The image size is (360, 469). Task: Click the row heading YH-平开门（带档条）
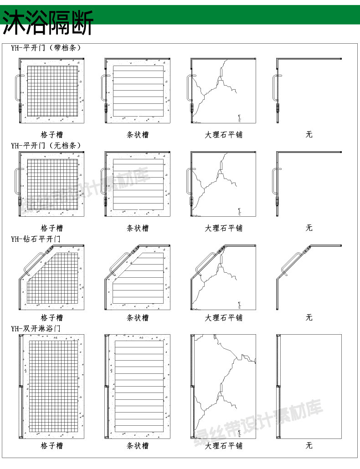click(x=46, y=47)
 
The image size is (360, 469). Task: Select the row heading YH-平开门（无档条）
click(x=46, y=146)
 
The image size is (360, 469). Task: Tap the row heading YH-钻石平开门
click(x=36, y=239)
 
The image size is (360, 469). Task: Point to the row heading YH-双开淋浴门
click(x=36, y=328)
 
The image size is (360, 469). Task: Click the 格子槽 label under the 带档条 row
click(x=52, y=135)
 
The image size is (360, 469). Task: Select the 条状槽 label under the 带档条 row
click(x=138, y=135)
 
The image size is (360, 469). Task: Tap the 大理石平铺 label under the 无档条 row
click(x=223, y=228)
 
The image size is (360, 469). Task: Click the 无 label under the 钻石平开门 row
click(x=309, y=317)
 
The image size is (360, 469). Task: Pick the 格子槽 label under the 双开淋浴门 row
click(x=52, y=446)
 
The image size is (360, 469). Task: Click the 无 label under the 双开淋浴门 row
click(x=309, y=446)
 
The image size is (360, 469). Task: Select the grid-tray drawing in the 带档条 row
click(x=51, y=90)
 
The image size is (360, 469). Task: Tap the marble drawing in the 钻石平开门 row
click(x=223, y=277)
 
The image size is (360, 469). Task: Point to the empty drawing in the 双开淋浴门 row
click(x=309, y=387)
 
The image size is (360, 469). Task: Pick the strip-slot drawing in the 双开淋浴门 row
click(x=138, y=387)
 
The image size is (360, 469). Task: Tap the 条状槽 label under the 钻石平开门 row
click(x=138, y=317)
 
